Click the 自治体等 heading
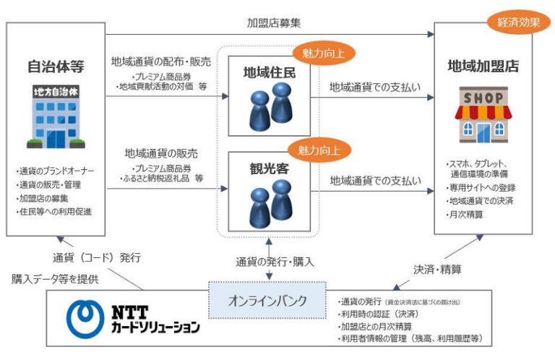56,67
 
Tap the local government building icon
56,118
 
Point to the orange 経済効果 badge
519,21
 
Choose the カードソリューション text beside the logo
155,327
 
